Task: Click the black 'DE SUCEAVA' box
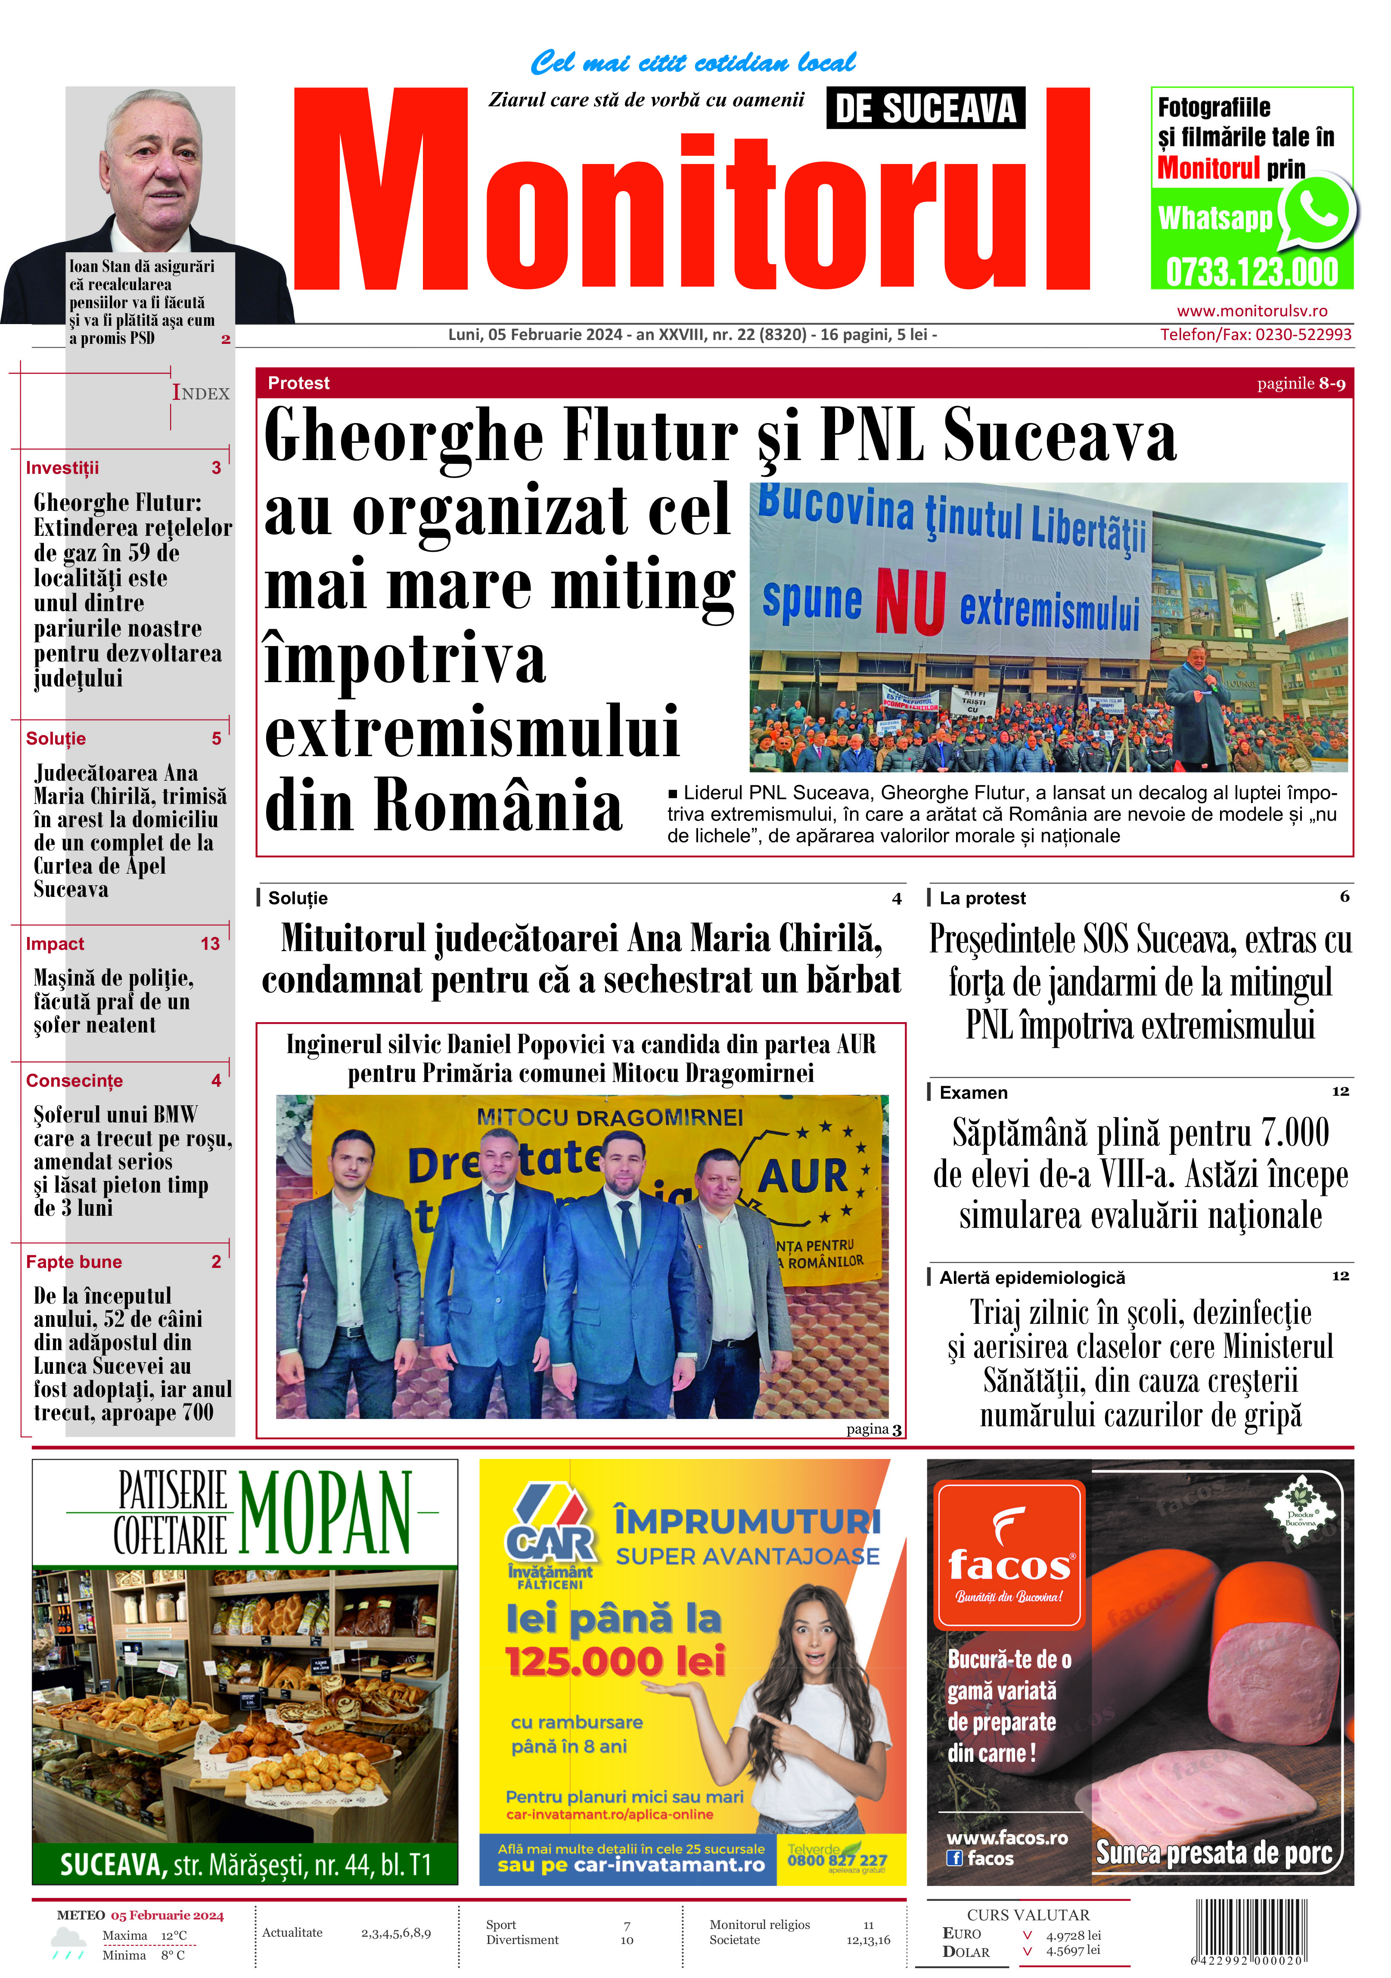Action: click(x=925, y=108)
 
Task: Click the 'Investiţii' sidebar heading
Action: click(x=62, y=468)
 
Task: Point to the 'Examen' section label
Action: click(x=973, y=1092)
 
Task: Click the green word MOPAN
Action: click(x=325, y=1514)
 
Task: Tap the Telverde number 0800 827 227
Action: click(x=836, y=1860)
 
